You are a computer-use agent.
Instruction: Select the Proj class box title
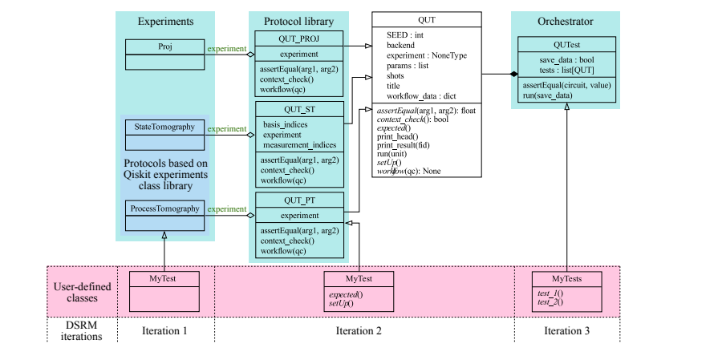(164, 47)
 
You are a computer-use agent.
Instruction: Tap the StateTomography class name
(164, 127)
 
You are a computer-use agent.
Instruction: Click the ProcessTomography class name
(164, 208)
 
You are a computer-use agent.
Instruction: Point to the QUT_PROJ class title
(299, 38)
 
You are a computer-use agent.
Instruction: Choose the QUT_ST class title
(299, 109)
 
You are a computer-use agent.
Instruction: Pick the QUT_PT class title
(299, 200)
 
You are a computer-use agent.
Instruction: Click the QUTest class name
(567, 46)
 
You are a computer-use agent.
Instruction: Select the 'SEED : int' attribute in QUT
(407, 35)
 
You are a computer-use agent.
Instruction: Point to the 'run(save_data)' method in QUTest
(553, 95)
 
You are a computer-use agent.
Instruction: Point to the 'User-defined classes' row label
(82, 290)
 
